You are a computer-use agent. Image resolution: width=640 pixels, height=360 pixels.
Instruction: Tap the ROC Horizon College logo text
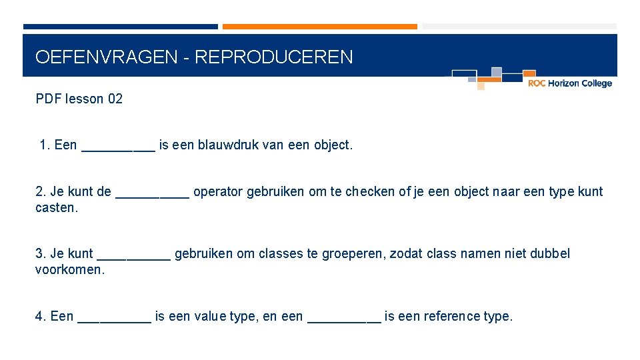coord(569,83)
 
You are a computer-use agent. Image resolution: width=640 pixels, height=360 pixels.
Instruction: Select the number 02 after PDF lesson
coord(115,99)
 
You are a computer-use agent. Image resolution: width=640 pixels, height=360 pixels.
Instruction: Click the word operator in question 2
coord(218,192)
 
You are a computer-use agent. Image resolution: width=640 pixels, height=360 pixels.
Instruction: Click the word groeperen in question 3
coord(353,253)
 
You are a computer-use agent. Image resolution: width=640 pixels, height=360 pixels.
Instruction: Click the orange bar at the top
coord(319,27)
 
